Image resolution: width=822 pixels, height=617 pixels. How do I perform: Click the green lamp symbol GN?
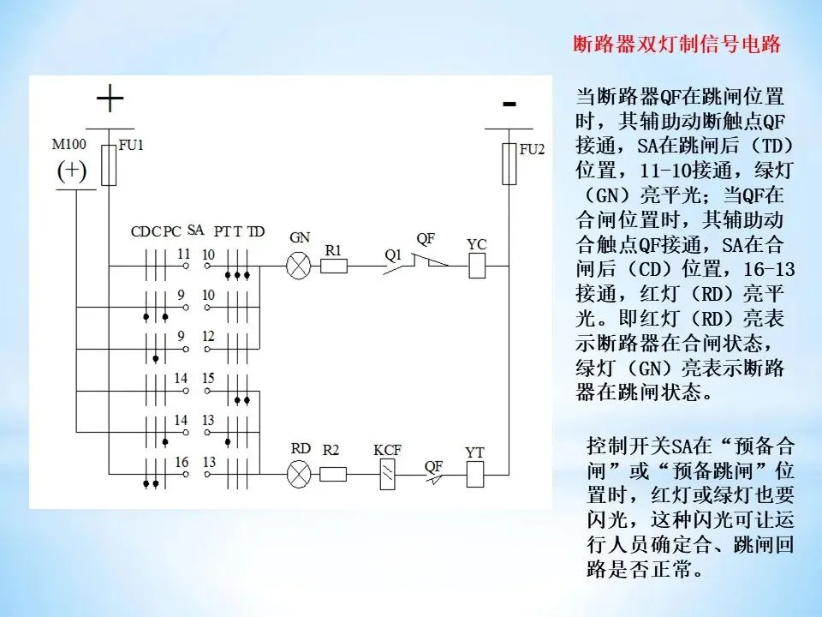pyautogui.click(x=298, y=266)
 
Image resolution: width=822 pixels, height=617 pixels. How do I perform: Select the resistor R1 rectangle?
pyautogui.click(x=333, y=266)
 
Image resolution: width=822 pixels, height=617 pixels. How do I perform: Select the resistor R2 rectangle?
pyautogui.click(x=333, y=473)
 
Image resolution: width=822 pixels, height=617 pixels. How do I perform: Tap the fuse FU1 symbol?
pyautogui.click(x=109, y=165)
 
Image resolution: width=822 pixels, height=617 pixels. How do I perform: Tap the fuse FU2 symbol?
pyautogui.click(x=509, y=164)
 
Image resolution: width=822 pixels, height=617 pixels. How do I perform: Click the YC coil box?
pyautogui.click(x=478, y=266)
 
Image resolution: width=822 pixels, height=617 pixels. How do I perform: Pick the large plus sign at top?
pyautogui.click(x=110, y=100)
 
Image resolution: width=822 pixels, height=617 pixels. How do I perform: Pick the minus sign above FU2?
pyautogui.click(x=509, y=105)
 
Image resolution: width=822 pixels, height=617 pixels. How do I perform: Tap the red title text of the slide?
pyautogui.click(x=676, y=45)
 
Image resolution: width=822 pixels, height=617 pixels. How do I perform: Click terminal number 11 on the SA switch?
pyautogui.click(x=183, y=255)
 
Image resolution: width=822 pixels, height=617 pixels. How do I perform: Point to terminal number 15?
pyautogui.click(x=208, y=378)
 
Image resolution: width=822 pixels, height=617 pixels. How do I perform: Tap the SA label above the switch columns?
pyautogui.click(x=195, y=230)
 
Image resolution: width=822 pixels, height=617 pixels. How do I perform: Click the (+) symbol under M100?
pyautogui.click(x=72, y=171)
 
